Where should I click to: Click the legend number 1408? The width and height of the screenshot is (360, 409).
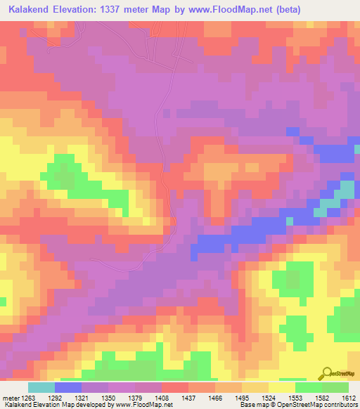pos(161,397)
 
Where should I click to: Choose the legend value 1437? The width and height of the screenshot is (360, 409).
pos(188,397)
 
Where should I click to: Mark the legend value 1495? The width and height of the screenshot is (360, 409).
pos(241,397)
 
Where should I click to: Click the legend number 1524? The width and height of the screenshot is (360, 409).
pos(268,397)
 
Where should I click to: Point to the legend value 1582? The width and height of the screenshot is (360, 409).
pos(321,397)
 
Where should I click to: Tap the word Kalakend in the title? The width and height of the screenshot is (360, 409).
pos(30,9)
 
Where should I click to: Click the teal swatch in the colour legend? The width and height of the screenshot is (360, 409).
pos(41,387)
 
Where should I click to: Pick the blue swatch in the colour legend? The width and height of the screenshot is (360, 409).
pos(68,387)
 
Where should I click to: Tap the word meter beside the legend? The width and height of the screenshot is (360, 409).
pos(10,397)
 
